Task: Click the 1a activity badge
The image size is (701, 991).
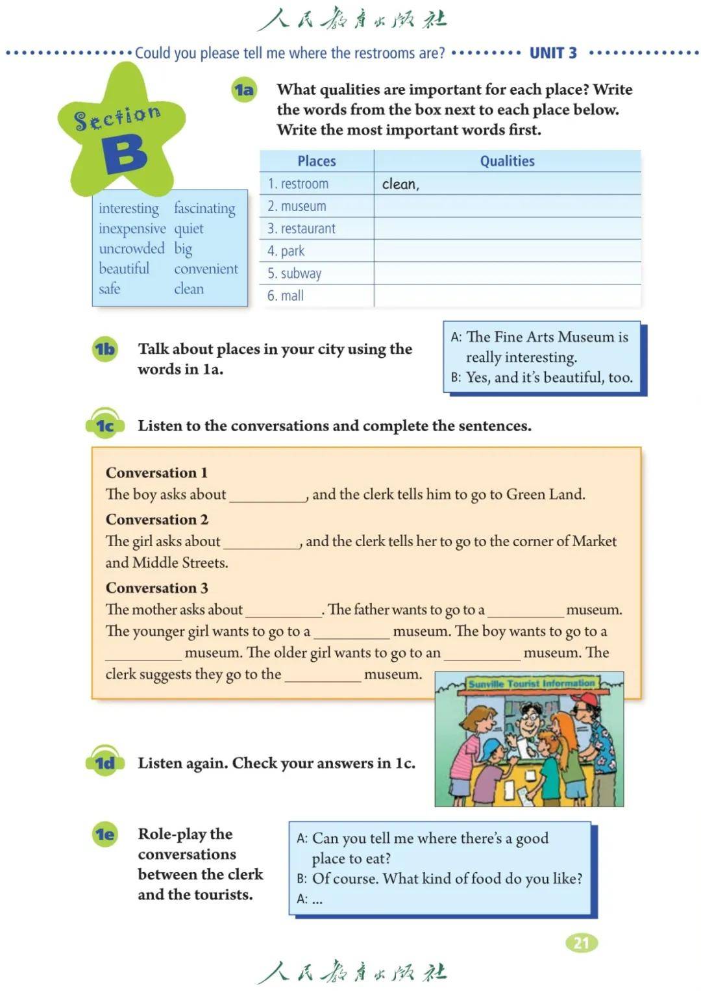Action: [x=244, y=90]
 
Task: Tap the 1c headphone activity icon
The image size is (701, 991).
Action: [x=105, y=425]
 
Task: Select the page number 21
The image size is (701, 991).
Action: [x=581, y=942]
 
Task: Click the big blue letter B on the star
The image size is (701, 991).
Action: [x=124, y=154]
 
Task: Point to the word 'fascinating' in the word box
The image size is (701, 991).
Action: [x=204, y=208]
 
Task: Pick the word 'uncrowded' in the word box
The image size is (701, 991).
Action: [x=132, y=249]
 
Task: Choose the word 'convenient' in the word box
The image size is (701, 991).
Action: [x=206, y=269]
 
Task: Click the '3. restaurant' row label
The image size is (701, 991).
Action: [x=302, y=229]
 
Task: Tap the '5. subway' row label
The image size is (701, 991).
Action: [x=295, y=273]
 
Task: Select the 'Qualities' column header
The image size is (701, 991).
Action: [x=507, y=161]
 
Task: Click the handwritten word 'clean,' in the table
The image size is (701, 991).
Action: [x=400, y=184]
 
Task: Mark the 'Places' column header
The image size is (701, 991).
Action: [x=317, y=161]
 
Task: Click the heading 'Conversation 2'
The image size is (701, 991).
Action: [x=157, y=520]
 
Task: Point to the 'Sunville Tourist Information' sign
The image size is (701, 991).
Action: [x=531, y=684]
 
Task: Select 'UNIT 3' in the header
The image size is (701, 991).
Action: [x=553, y=53]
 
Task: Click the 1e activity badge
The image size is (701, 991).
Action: [x=105, y=834]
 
